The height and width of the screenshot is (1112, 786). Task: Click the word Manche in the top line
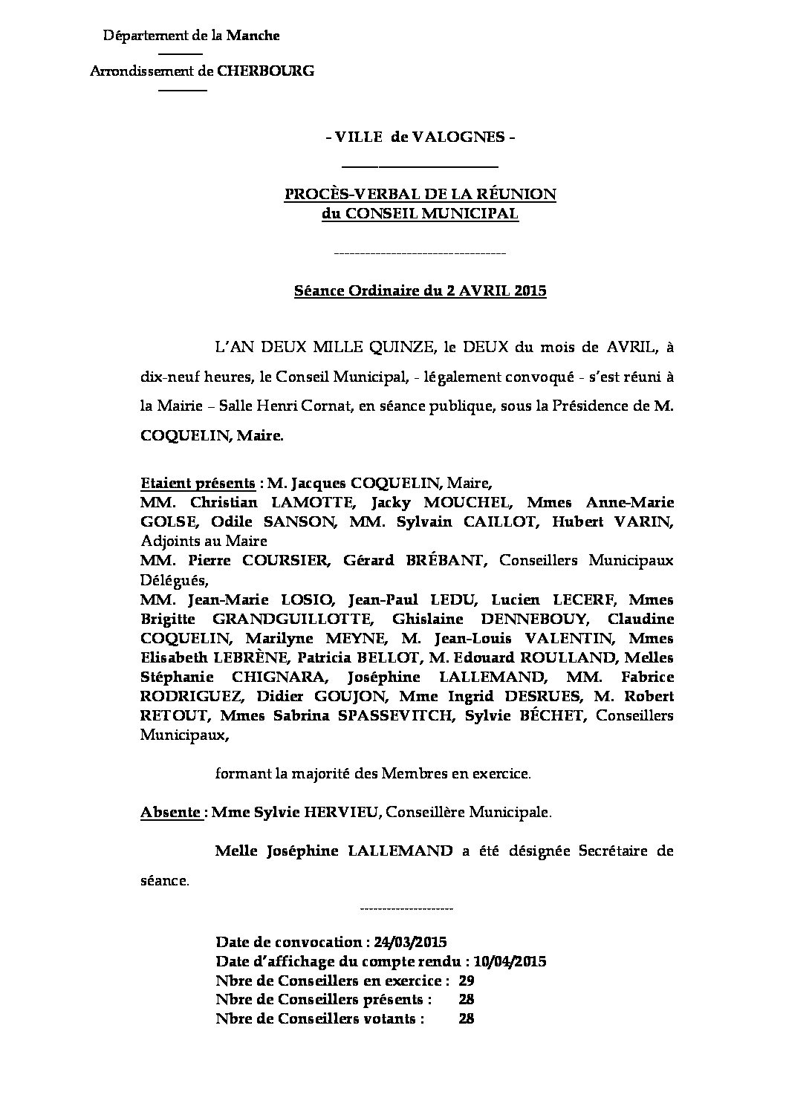[x=253, y=35]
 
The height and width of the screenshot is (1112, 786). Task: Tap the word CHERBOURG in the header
[x=265, y=71]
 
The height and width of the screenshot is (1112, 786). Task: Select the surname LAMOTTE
[x=308, y=502]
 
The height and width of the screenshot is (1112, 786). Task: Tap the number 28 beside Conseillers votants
[x=467, y=1019]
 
